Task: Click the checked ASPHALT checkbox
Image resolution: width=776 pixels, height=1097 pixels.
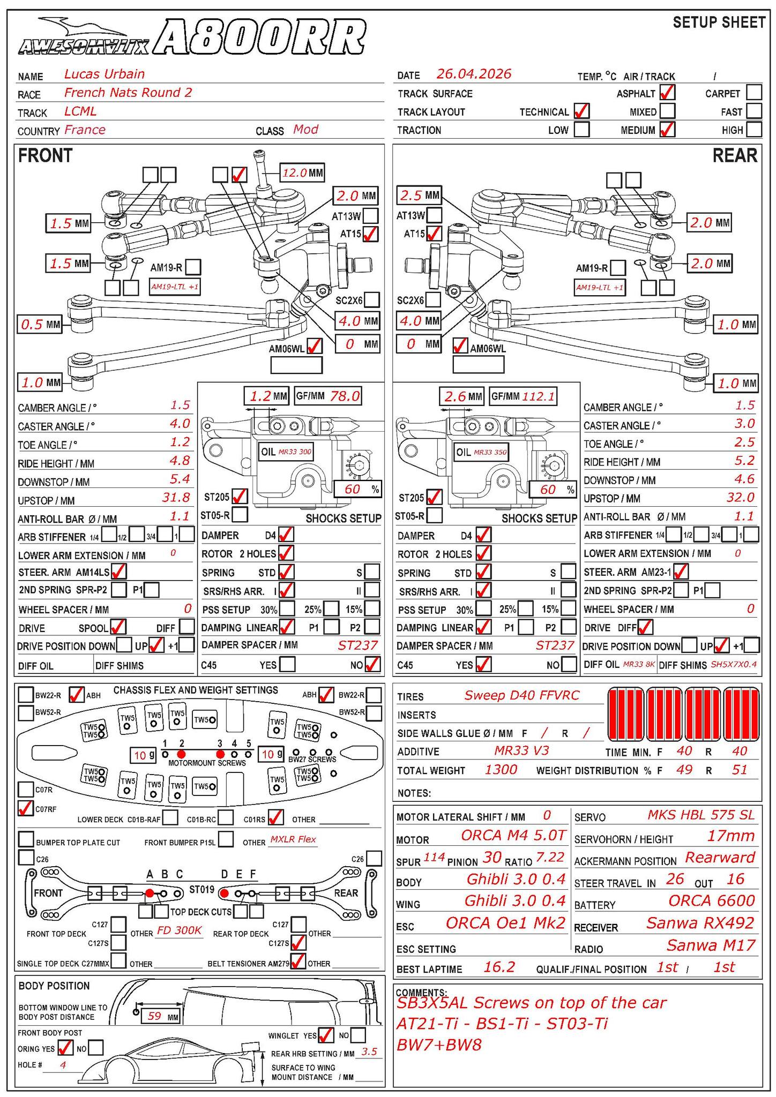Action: click(x=667, y=93)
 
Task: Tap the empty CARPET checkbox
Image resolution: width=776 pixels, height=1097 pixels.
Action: click(x=753, y=93)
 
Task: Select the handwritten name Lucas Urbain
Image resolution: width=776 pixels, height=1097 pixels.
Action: click(x=105, y=74)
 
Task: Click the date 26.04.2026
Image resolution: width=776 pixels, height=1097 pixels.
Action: click(x=474, y=74)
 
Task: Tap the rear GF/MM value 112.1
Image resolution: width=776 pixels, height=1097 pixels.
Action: click(x=539, y=396)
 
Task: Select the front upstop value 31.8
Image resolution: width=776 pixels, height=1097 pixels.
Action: click(x=176, y=498)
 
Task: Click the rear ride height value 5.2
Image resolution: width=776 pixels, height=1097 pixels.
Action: click(x=744, y=461)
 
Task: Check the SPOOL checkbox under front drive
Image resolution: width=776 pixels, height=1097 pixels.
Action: click(x=118, y=627)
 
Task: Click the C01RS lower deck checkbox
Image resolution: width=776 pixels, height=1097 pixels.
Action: click(x=275, y=817)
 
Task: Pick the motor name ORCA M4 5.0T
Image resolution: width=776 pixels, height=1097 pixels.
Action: click(x=513, y=835)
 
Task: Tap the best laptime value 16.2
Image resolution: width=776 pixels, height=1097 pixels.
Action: click(x=499, y=967)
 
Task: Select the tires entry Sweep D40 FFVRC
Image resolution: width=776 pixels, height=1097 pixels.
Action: click(x=521, y=696)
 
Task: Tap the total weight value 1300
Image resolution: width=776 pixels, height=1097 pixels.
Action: click(x=501, y=770)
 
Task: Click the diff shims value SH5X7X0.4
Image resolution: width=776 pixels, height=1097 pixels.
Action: click(x=734, y=665)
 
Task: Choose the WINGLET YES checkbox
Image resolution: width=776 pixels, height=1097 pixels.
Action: click(x=325, y=1035)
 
